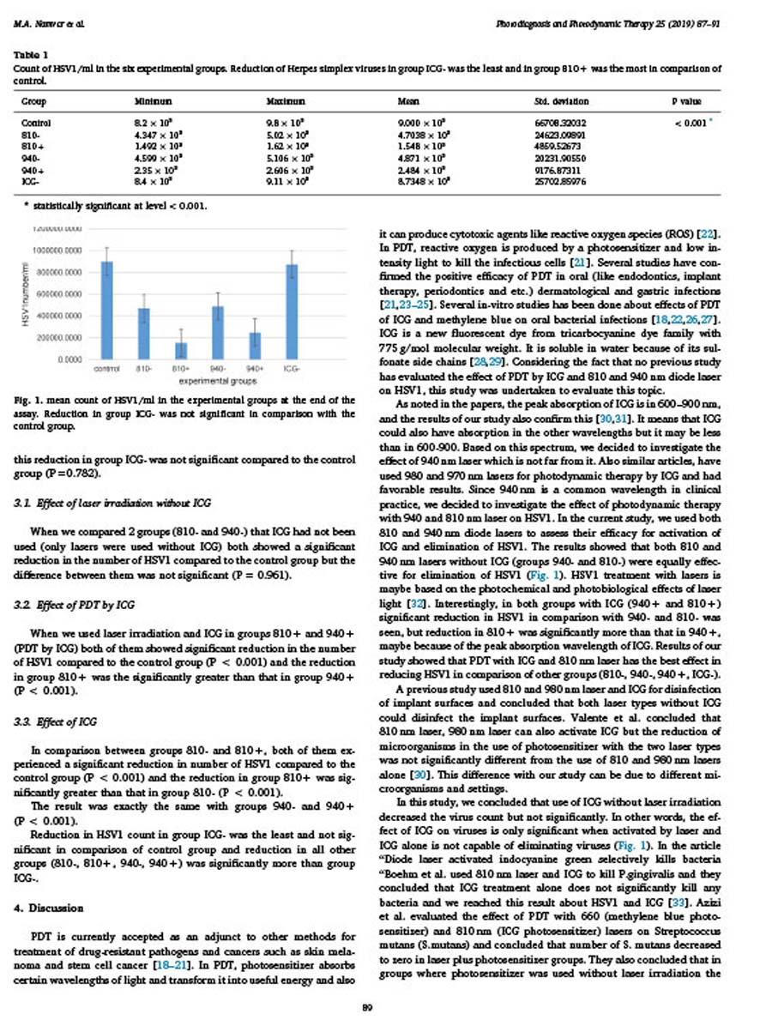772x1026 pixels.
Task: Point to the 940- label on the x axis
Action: pos(217,367)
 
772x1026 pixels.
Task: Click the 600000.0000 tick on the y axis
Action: pos(57,294)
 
